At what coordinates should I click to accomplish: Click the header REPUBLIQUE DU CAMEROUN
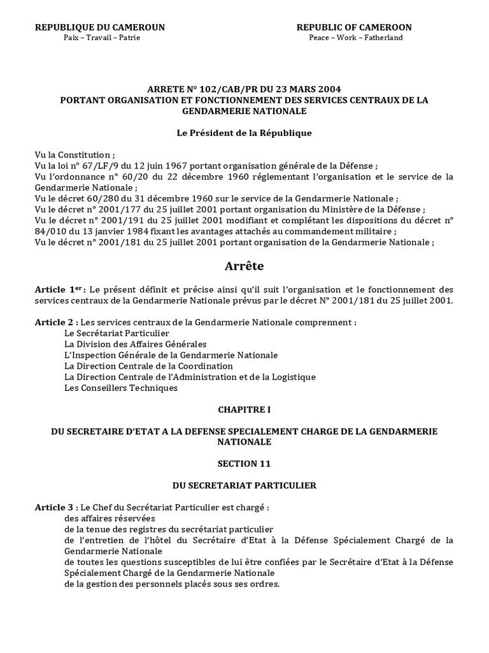[100, 27]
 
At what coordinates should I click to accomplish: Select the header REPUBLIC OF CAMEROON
[354, 27]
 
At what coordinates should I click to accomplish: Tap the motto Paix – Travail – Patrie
[102, 38]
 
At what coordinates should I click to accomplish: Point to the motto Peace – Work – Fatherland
[355, 38]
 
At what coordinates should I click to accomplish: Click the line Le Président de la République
[244, 133]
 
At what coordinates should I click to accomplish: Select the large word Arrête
[244, 265]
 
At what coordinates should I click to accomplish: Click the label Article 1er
[55, 290]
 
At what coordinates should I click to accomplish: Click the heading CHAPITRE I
[244, 409]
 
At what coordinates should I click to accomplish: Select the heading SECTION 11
[244, 464]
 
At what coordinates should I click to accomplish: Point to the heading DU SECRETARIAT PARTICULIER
[244, 485]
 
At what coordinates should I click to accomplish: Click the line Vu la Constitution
[75, 155]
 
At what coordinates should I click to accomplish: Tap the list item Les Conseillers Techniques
[121, 388]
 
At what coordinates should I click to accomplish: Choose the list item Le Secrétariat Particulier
[117, 334]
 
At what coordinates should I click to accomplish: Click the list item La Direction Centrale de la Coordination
[148, 366]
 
